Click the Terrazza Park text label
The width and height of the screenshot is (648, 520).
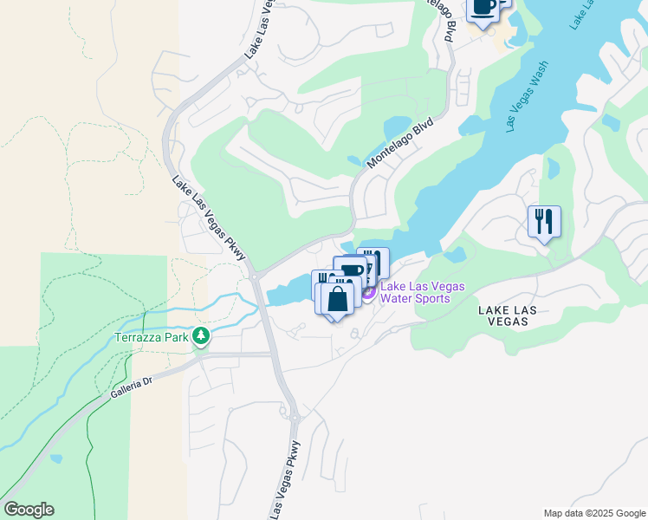point(152,337)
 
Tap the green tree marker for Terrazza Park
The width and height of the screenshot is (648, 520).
point(202,335)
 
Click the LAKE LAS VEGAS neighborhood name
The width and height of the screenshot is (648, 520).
point(514,315)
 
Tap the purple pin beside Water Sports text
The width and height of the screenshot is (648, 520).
point(367,293)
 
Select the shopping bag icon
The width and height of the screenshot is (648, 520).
point(340,298)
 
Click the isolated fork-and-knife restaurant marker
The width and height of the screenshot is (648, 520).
point(544,221)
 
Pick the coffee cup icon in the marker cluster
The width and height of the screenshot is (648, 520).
point(351,270)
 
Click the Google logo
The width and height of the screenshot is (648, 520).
point(29,510)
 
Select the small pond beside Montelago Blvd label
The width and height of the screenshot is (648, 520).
point(354,160)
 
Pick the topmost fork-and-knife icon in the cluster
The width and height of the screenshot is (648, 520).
point(373,261)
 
